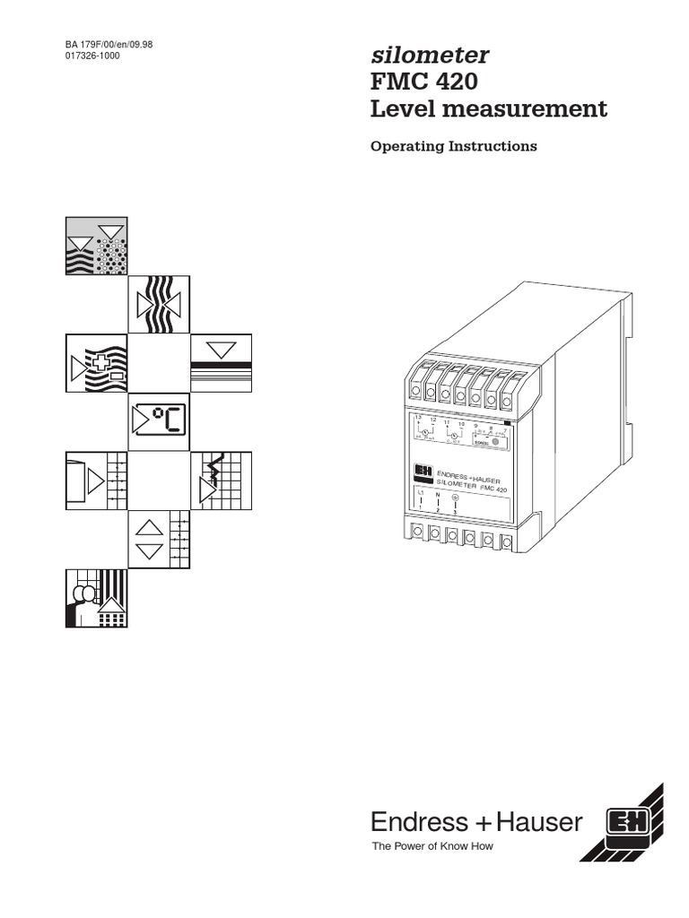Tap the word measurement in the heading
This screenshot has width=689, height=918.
click(x=529, y=109)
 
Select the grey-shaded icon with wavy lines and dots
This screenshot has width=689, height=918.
click(x=96, y=245)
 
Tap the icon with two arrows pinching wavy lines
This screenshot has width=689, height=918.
click(x=158, y=303)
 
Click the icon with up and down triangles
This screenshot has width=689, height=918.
click(x=158, y=540)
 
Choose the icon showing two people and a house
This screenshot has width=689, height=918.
click(x=96, y=598)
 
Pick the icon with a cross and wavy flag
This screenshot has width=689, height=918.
click(x=96, y=363)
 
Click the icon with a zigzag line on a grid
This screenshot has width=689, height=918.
click(x=221, y=481)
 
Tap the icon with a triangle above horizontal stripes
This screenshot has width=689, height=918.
click(x=221, y=363)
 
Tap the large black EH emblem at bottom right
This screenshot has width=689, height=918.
click(x=621, y=823)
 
